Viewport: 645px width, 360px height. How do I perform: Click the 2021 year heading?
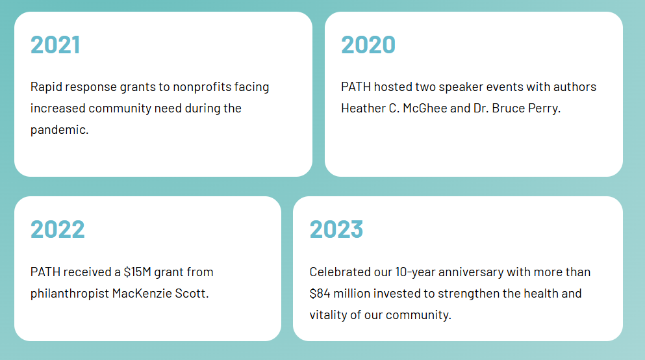pyautogui.click(x=55, y=44)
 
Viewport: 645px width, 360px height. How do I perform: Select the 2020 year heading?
pyautogui.click(x=368, y=44)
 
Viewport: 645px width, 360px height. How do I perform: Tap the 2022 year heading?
pyautogui.click(x=58, y=229)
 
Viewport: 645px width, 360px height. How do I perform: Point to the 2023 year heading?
pyautogui.click(x=336, y=229)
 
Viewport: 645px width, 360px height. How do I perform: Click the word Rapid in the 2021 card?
pyautogui.click(x=46, y=87)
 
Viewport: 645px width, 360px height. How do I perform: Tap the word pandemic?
pyautogui.click(x=59, y=130)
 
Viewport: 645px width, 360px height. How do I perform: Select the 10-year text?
pyautogui.click(x=415, y=272)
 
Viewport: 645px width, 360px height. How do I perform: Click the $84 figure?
pyautogui.click(x=320, y=293)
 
